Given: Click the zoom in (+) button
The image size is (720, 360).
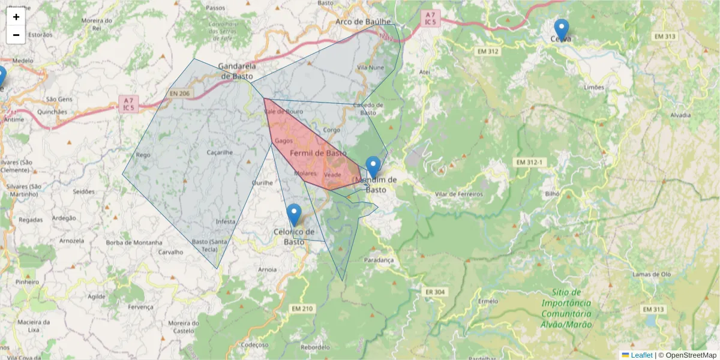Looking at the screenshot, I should pyautogui.click(x=16, y=17).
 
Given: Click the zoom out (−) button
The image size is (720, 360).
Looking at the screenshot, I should pyautogui.click(x=16, y=35).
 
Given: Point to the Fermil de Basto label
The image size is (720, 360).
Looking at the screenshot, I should pyautogui.click(x=318, y=154).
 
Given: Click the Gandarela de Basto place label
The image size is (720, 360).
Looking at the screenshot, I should pyautogui.click(x=237, y=71).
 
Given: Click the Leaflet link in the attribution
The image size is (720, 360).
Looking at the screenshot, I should pyautogui.click(x=641, y=355).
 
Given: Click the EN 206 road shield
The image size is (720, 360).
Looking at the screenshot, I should pyautogui.click(x=179, y=94).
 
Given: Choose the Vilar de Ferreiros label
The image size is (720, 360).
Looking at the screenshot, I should pyautogui.click(x=459, y=194).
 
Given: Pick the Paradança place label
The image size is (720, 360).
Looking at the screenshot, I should pyautogui.click(x=379, y=260).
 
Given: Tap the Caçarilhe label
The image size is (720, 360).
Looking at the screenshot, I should pyautogui.click(x=219, y=152).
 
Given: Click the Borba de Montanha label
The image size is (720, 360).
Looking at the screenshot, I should pyautogui.click(x=134, y=242).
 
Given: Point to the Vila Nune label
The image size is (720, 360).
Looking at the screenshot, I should pyautogui.click(x=370, y=68).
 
